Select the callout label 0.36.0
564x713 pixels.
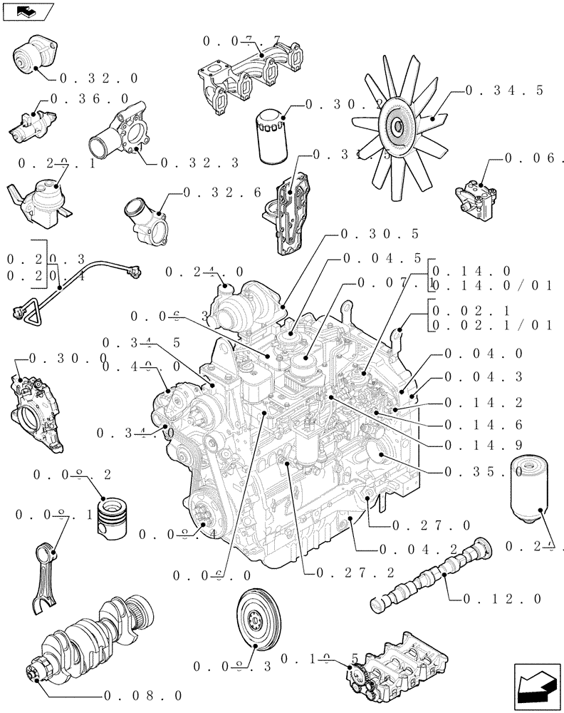pyautogui.click(x=89, y=98)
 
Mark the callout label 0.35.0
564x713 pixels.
pyautogui.click(x=484, y=471)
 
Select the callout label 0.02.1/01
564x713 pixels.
pyautogui.click(x=492, y=326)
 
